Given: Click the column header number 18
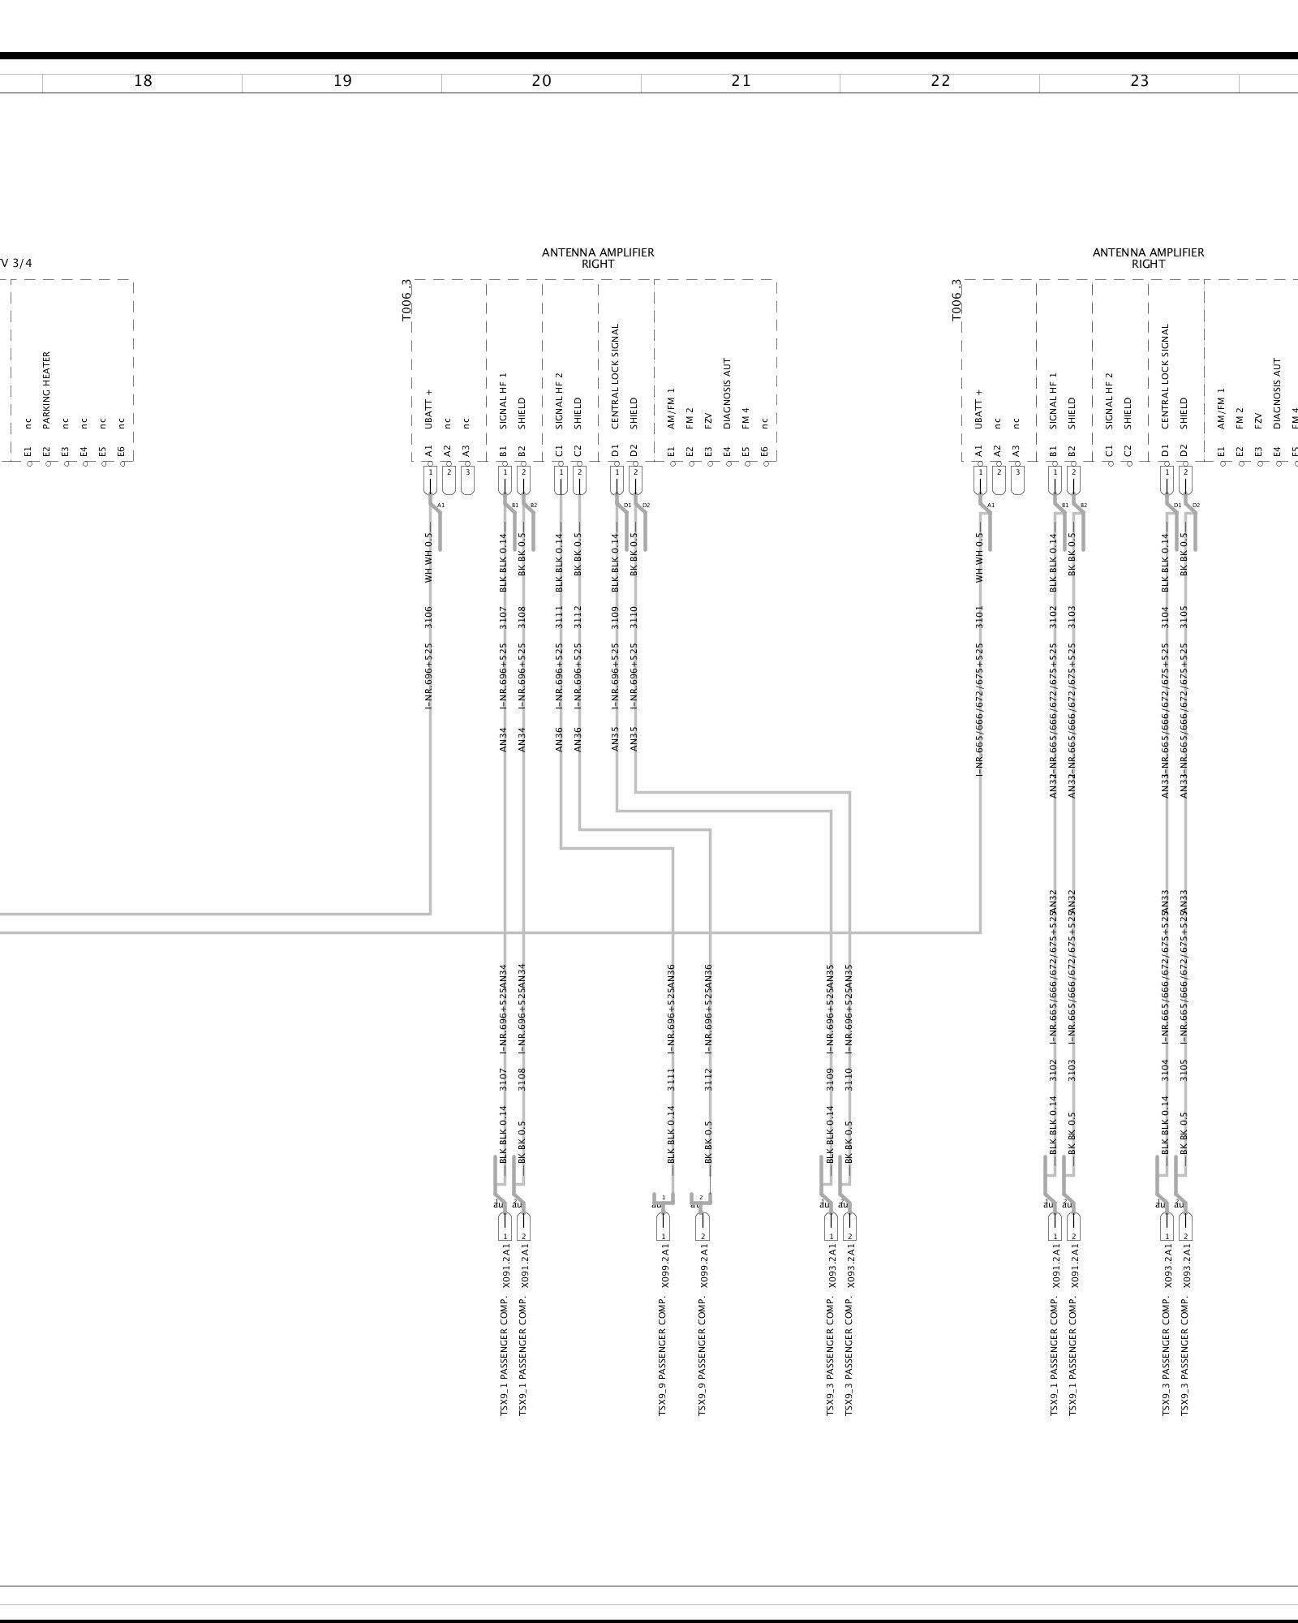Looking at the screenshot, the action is pos(143,81).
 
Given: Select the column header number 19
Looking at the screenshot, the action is pos(342,81).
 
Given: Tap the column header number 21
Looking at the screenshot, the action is pos(741,81).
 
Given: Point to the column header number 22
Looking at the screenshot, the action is pos(940,81).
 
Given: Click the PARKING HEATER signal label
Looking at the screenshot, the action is pos(46,390).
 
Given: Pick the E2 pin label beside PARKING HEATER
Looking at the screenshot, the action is pos(46,451).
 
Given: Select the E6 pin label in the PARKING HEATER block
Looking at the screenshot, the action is pos(121,451).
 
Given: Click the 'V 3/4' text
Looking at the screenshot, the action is pos(16,263).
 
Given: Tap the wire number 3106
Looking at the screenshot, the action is pos(428,618).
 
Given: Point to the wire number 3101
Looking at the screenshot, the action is pos(979,618).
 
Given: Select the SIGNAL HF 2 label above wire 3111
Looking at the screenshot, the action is pos(559,401).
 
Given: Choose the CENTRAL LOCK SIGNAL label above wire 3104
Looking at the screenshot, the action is pos(1166,377).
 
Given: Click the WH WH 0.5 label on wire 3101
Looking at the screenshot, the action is pos(979,557).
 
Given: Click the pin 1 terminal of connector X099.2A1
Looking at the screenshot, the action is pos(663,1226).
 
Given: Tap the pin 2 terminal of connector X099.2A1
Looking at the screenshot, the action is pos(702,1226).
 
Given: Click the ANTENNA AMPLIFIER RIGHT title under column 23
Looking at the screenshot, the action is pos(1148,258).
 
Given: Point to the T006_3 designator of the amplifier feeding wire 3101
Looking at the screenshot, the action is pos(957,300).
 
